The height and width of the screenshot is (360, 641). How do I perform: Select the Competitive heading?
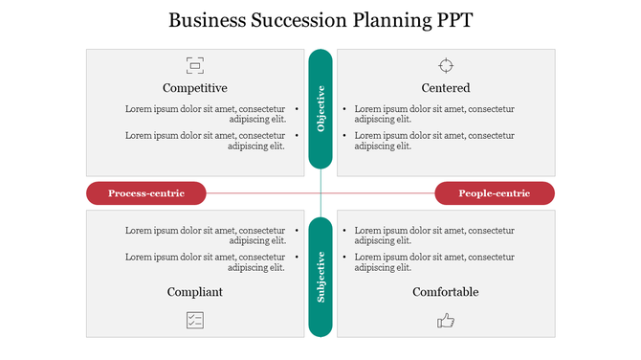pyautogui.click(x=195, y=88)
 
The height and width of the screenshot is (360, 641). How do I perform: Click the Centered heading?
pyautogui.click(x=446, y=88)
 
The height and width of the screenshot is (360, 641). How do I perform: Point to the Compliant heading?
pyautogui.click(x=195, y=292)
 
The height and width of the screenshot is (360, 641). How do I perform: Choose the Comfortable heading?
pyautogui.click(x=446, y=292)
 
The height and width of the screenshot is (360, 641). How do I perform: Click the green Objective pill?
pyautogui.click(x=320, y=108)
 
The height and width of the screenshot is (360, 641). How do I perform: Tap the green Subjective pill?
pyautogui.click(x=320, y=278)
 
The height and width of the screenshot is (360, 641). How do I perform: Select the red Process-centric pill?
pyautogui.click(x=146, y=193)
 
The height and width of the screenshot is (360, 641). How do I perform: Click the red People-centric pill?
pyautogui.click(x=495, y=193)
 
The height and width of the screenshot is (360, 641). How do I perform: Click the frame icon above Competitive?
pyautogui.click(x=195, y=65)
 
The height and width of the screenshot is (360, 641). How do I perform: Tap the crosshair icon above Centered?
pyautogui.click(x=446, y=65)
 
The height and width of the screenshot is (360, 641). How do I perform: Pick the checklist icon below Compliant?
pyautogui.click(x=195, y=320)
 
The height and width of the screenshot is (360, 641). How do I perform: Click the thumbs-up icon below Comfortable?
pyautogui.click(x=446, y=321)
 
